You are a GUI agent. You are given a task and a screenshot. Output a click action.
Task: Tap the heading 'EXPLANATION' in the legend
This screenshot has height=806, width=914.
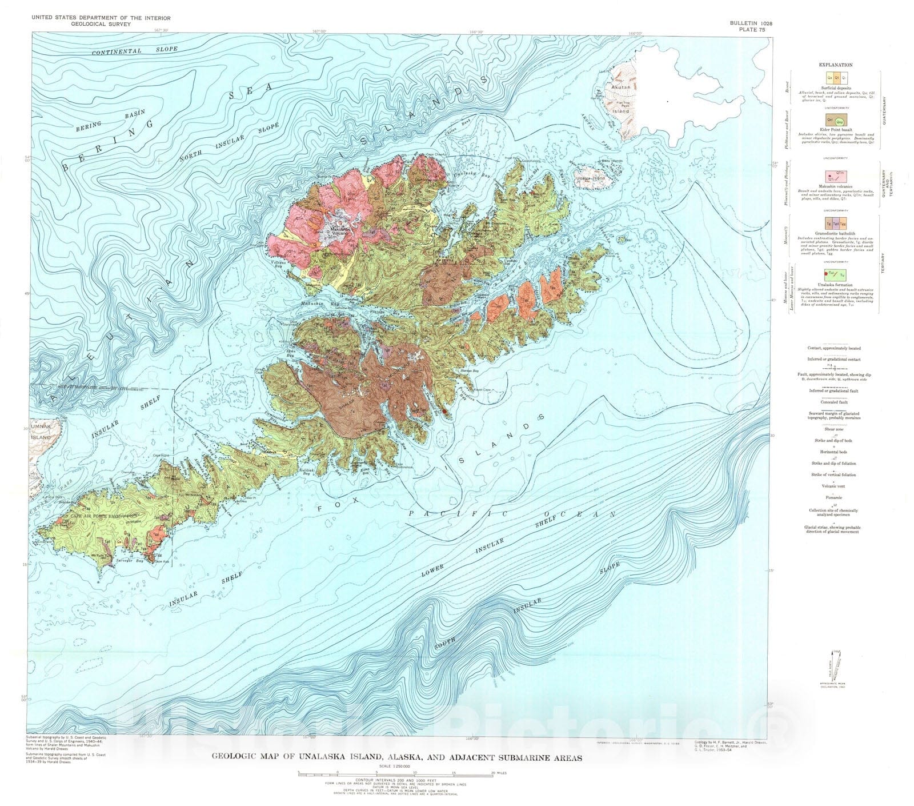[835, 65]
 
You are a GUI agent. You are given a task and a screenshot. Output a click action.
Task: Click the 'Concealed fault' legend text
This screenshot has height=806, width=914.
[834, 402]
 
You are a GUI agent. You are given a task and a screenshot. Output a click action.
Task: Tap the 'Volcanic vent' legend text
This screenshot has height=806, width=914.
[834, 486]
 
